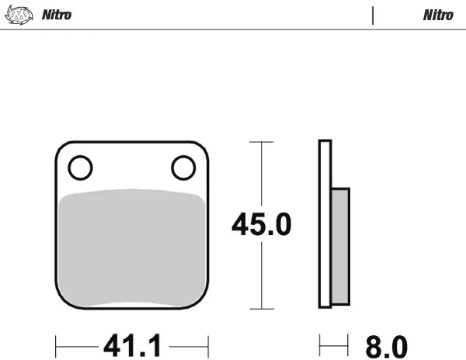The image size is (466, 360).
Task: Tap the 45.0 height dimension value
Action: pos(262,224)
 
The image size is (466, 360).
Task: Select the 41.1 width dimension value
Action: pos(133,345)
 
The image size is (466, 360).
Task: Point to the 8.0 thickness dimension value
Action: pos(386,347)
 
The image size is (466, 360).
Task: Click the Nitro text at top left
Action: pos(57,15)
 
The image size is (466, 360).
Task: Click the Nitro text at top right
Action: pos(438,16)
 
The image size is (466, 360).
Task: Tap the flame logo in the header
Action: pos(19,15)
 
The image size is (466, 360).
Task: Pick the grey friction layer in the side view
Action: pos(340,246)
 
